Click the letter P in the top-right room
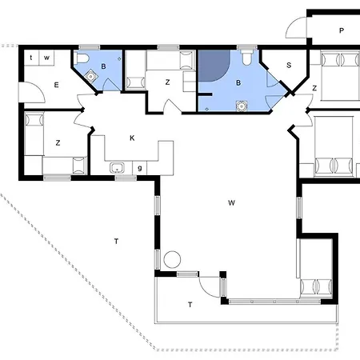pos(341,31)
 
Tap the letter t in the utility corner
pos(31,58)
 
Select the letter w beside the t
pos(46,58)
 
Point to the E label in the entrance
pos(57,84)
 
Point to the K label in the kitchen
pos(132,138)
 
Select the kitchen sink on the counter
pos(117,167)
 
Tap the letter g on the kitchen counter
pos(140,167)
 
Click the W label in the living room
pos(231,203)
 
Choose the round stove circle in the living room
pos(171,260)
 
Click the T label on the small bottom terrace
pos(190,304)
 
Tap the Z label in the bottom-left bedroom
pos(58,142)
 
